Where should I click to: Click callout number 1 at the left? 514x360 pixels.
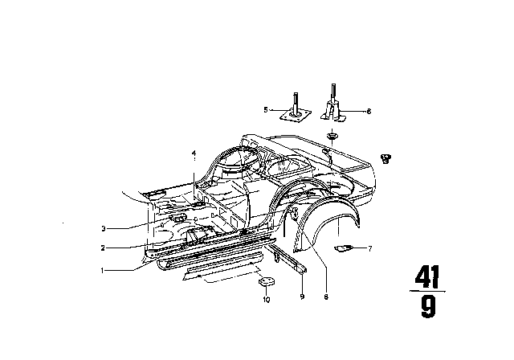[x=103, y=271]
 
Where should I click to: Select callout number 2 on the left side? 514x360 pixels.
[x=103, y=247]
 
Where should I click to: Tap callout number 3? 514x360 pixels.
[x=104, y=228]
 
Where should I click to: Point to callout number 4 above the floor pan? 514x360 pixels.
[x=194, y=153]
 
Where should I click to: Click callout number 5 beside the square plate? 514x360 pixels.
[x=266, y=110]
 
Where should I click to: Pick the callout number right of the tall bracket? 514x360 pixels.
[x=369, y=112]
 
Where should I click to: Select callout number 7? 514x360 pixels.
[x=370, y=248]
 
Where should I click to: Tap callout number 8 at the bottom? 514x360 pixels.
[x=326, y=297]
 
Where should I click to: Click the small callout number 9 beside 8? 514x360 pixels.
[x=302, y=297]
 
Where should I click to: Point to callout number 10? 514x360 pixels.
[x=266, y=300]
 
